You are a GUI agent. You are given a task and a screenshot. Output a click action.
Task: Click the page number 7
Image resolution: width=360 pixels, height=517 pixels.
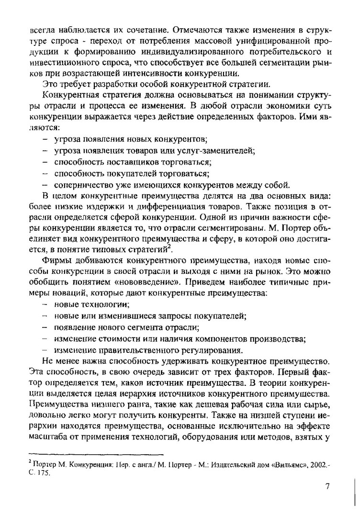click(327, 487)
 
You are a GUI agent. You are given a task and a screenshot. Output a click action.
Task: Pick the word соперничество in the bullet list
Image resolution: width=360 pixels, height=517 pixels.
click(82, 185)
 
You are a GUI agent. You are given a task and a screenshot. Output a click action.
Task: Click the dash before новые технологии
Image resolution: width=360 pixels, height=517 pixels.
click(45, 304)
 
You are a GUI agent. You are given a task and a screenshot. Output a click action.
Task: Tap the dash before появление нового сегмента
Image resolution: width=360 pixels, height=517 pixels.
click(45, 327)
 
